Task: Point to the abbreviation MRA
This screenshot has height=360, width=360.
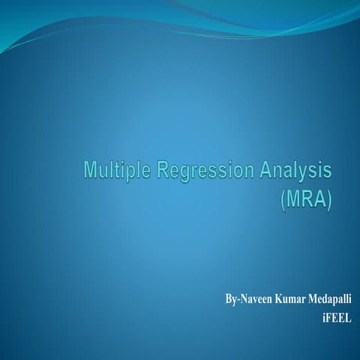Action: pyautogui.click(x=306, y=201)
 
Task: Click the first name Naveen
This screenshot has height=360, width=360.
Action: pyautogui.click(x=254, y=299)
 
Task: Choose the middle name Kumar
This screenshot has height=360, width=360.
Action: pyautogui.click(x=291, y=299)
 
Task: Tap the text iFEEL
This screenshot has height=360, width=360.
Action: pyautogui.click(x=337, y=317)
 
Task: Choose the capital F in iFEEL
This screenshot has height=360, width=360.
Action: pyautogui.click(x=329, y=317)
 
